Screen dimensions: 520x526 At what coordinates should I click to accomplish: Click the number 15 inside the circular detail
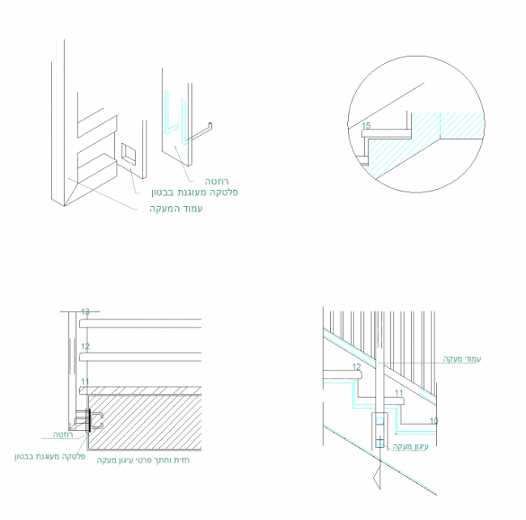[367, 126]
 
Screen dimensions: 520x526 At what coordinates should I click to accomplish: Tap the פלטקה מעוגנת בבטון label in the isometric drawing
[194, 193]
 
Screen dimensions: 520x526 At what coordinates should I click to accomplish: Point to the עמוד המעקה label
[175, 209]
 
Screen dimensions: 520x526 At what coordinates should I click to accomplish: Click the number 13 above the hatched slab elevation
[85, 311]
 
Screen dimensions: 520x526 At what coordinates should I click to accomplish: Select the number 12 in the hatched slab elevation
[85, 346]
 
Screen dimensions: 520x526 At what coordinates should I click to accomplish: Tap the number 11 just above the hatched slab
[85, 382]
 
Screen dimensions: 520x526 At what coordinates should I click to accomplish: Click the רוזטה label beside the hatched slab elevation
[64, 434]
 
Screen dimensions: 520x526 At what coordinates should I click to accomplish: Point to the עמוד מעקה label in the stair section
[462, 358]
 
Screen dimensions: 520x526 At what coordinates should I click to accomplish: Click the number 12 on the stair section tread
[356, 367]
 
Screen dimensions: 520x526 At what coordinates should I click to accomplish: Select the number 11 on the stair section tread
[398, 393]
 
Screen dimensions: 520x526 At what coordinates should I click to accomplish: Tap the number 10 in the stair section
[434, 421]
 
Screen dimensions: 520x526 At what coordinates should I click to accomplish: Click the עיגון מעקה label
[409, 446]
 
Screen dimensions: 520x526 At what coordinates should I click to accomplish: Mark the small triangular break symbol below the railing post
[377, 480]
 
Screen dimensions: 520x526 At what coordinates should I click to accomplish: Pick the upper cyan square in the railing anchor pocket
[379, 423]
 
